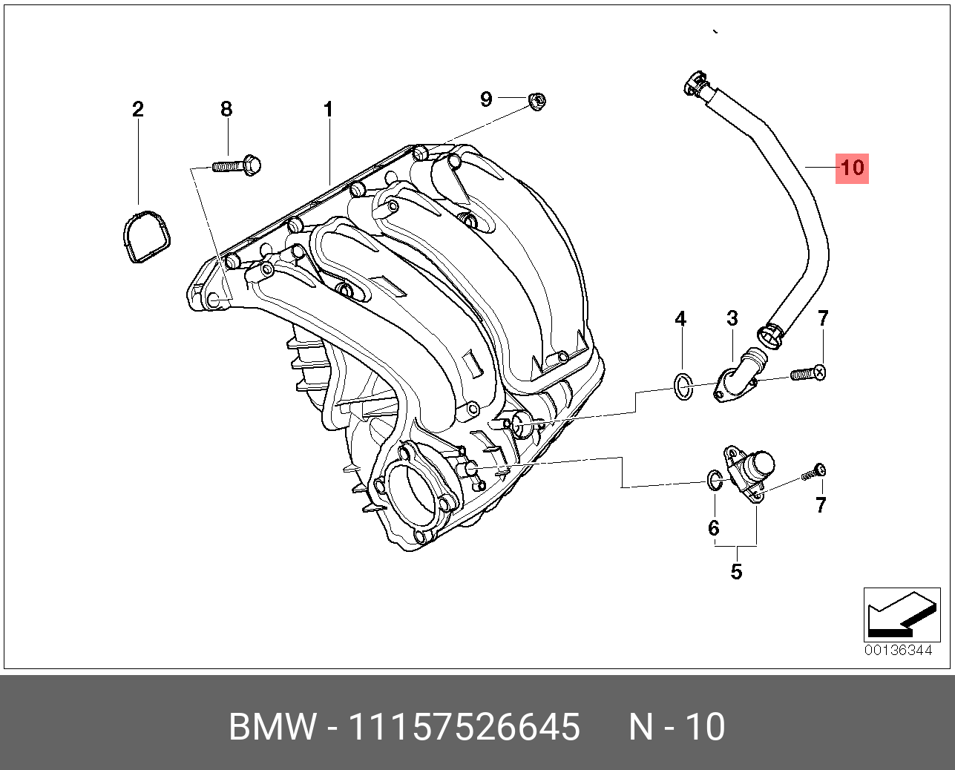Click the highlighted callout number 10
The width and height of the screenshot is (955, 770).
[852, 168]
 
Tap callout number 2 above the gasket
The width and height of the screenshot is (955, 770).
[138, 109]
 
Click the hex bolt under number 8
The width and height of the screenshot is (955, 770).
[237, 166]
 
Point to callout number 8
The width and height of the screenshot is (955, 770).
[226, 109]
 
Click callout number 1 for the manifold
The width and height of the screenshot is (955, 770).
[329, 109]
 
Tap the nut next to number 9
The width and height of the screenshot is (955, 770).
[537, 102]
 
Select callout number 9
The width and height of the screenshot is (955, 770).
[486, 99]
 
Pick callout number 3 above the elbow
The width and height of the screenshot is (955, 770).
[732, 318]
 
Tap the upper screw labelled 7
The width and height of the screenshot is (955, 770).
[808, 374]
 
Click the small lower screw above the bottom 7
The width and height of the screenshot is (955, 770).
[814, 472]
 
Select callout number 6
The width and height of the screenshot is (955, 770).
[714, 528]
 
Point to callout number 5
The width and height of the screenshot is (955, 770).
[736, 572]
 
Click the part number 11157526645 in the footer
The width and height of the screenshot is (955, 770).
[465, 726]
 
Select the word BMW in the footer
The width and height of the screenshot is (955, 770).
[272, 726]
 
